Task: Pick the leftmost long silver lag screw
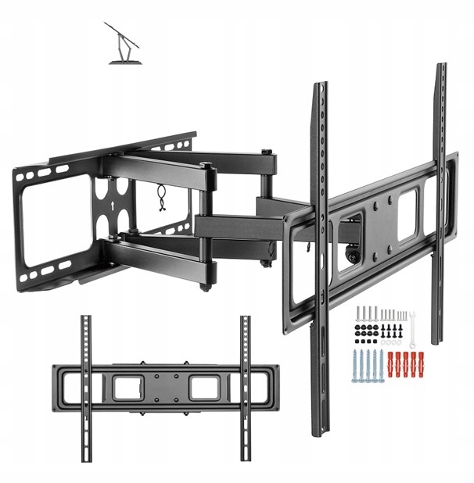[356, 365]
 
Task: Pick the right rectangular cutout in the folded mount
[205, 386]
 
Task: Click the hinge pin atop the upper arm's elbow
[204, 165]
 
